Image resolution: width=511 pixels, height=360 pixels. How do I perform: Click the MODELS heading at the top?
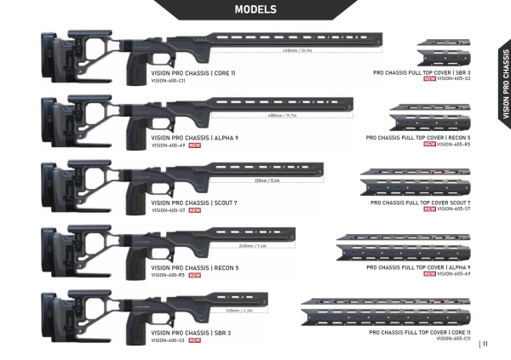coord(255,9)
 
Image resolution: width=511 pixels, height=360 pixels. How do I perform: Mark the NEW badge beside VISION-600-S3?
coord(194,340)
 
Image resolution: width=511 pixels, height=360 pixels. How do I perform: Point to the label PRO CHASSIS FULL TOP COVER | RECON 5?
coord(418,136)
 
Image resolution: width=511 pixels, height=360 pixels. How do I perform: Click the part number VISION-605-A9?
coord(454,274)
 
